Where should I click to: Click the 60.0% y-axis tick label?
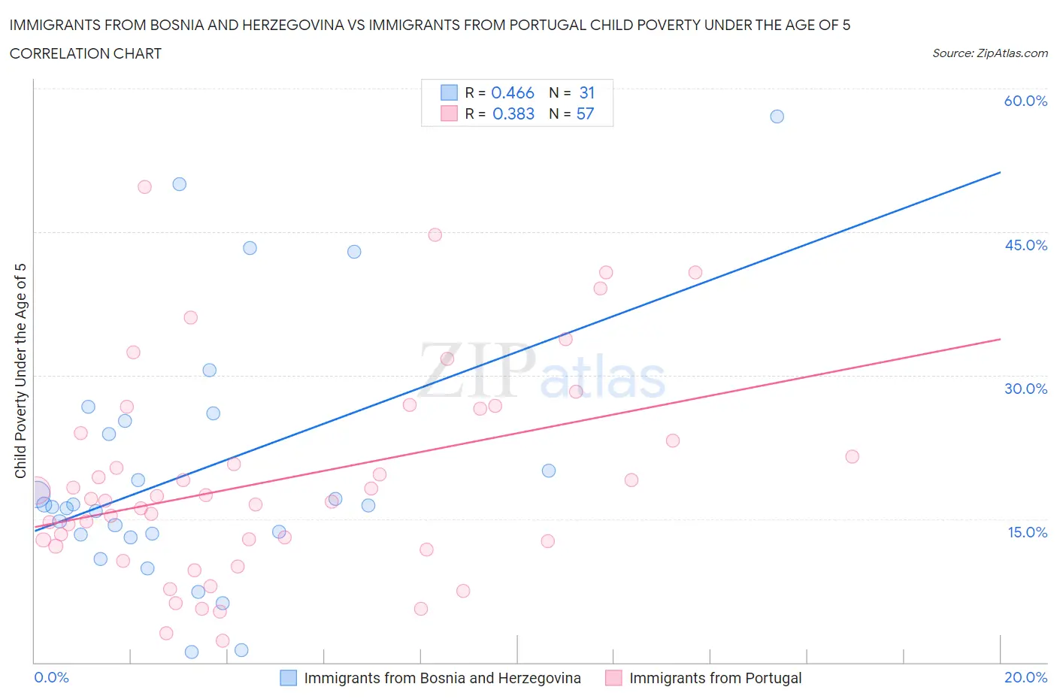1025,101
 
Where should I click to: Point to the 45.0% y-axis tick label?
1025,245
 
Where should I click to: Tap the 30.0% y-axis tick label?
1025,389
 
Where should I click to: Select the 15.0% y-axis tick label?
1025,532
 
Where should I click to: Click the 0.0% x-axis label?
51,677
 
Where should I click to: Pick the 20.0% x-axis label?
1025,677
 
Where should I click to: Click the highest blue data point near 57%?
777,116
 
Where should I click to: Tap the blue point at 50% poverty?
179,184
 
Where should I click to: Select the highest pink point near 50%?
144,187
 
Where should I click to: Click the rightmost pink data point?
852,456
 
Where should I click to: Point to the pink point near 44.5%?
435,235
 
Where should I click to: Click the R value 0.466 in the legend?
513,92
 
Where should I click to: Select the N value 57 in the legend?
585,113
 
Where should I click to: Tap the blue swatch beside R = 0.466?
449,92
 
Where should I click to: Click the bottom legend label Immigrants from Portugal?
715,678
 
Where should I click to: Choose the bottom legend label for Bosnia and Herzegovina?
442,678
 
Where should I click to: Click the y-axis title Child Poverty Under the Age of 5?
20,371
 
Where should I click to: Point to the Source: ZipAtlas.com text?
989,53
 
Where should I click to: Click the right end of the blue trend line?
1000,172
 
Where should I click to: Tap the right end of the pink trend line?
1000,339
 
